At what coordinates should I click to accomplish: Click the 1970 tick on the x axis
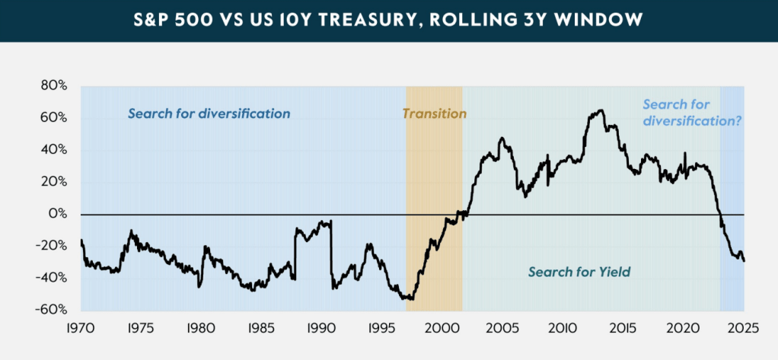(x=81, y=329)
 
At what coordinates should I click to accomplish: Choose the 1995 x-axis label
(x=380, y=329)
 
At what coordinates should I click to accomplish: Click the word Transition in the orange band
(x=434, y=114)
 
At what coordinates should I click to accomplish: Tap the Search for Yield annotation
(x=579, y=272)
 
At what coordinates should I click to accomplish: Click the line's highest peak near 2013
(x=601, y=110)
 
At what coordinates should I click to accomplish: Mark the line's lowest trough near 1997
(x=411, y=299)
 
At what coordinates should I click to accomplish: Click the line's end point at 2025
(x=744, y=261)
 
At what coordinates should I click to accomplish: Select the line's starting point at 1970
(x=81, y=241)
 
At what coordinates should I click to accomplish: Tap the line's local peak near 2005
(x=502, y=139)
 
